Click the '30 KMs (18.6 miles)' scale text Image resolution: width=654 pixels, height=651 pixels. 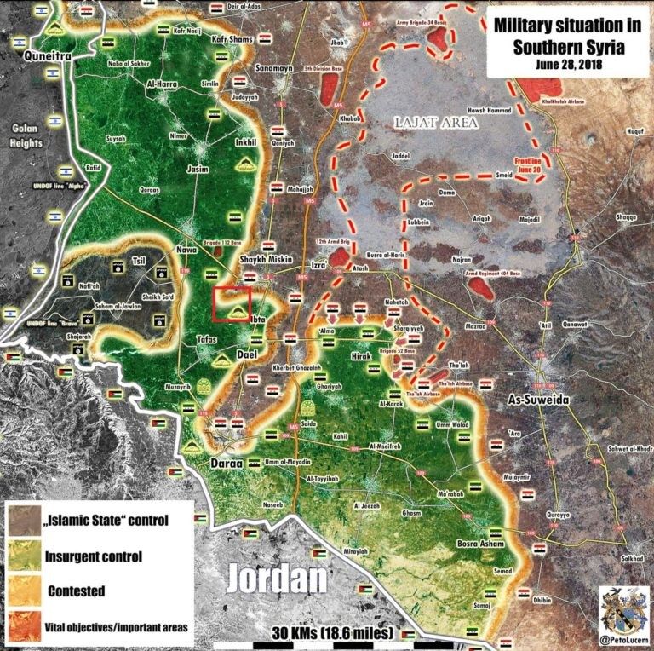coord(333,634)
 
